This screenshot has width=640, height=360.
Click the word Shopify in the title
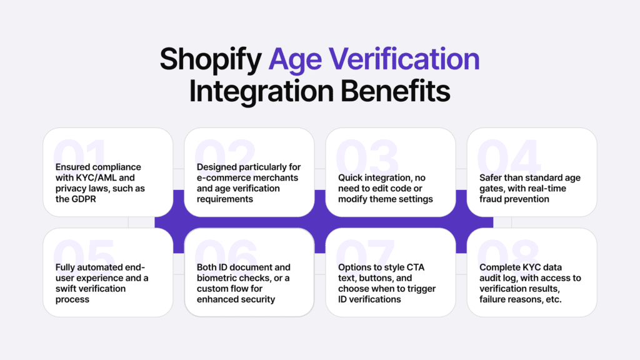coord(210,59)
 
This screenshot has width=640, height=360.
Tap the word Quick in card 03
coord(351,177)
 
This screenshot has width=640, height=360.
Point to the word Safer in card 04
coord(492,177)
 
